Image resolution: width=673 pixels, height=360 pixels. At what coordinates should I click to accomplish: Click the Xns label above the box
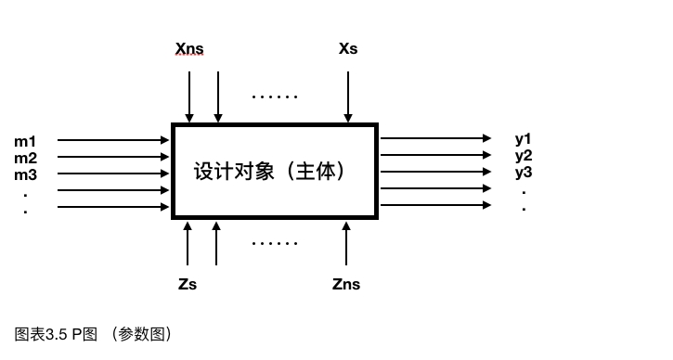point(189,48)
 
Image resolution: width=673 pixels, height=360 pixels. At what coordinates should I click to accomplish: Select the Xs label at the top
point(348,48)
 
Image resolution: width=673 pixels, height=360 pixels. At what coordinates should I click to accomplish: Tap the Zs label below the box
point(188,284)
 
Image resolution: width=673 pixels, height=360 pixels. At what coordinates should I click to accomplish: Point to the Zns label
point(346,284)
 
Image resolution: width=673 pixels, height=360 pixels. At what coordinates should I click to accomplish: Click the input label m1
point(25,141)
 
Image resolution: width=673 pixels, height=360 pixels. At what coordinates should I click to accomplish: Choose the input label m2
point(25,158)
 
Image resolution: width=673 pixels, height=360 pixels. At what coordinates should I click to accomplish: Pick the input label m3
point(25,174)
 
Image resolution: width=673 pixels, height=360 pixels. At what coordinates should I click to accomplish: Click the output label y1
point(524,139)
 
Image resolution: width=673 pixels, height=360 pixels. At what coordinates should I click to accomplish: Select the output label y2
point(524,155)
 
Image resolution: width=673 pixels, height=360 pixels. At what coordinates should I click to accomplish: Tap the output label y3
point(524,172)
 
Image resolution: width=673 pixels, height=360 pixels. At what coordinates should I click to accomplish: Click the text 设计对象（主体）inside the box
point(275,172)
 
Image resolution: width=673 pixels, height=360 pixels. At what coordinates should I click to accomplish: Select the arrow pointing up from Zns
point(346,243)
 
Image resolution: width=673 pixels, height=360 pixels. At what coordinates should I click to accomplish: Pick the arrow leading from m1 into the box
point(113,141)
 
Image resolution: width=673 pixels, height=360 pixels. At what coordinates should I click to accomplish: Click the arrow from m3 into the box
point(113,174)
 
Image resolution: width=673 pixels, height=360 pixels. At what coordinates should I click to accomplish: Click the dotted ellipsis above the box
point(275,96)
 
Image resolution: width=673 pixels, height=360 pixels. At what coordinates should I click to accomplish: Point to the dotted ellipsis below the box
point(275,243)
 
